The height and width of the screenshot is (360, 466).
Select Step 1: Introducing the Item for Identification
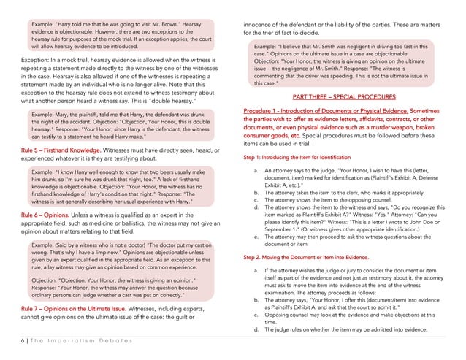point(297,158)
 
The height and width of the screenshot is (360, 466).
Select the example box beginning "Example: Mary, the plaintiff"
point(120,125)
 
